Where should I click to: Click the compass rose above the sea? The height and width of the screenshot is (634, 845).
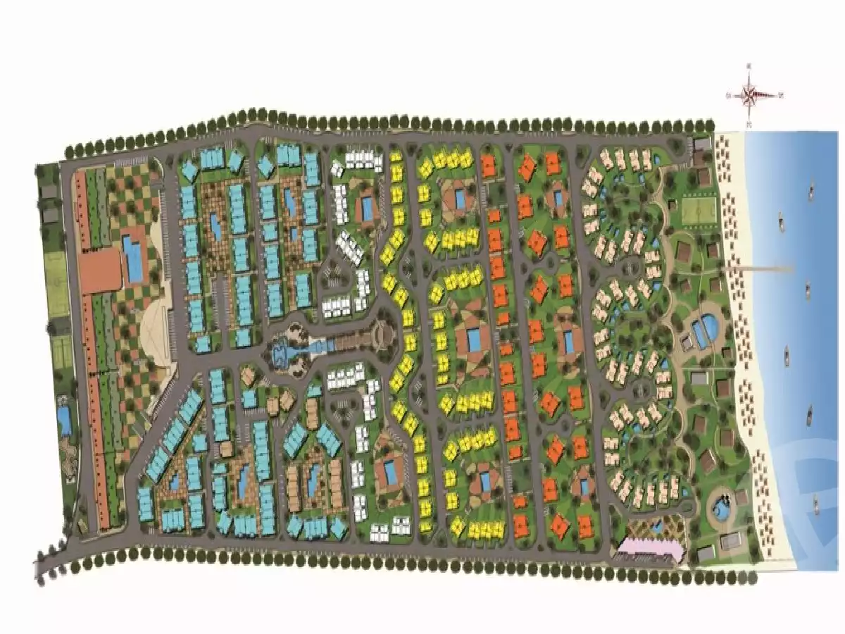point(751,94)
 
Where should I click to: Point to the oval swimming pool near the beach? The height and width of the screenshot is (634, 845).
point(704,330)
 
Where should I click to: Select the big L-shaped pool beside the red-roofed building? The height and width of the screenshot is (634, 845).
point(132,258)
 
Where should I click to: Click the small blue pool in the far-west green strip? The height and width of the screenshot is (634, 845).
point(63,420)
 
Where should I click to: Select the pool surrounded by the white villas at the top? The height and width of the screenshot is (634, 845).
point(366,207)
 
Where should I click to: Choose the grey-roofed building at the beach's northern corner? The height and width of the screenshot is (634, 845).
point(702,144)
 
